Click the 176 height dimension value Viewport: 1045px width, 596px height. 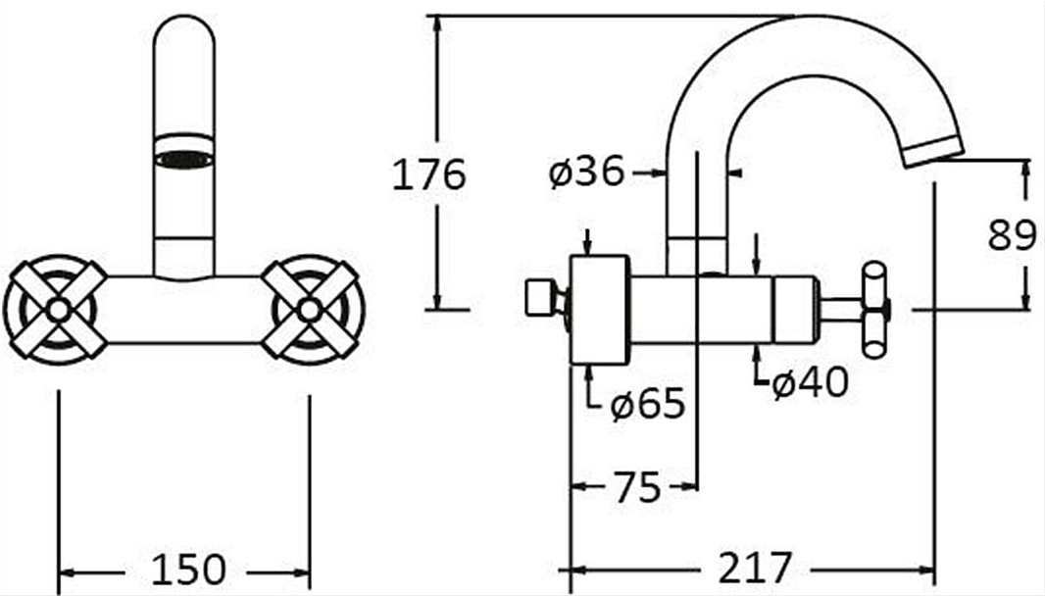pos(428,174)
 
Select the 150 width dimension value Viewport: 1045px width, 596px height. pos(189,571)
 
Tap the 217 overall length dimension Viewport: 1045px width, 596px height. pos(754,569)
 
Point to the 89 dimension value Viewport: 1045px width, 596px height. pos(1012,235)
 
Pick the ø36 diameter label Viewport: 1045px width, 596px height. pos(587,172)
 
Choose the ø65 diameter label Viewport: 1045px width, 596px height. pos(648,403)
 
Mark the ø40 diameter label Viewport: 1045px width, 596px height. pos(811,382)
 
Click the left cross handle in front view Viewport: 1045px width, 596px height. pos(56,310)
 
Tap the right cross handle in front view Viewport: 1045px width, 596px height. pos(311,310)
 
